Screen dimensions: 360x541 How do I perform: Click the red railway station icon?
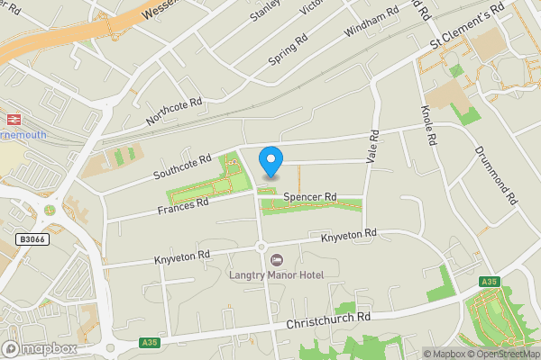click(x=14, y=118)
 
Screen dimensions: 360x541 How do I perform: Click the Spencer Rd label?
click(x=309, y=196)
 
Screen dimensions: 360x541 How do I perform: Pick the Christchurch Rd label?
click(x=328, y=319)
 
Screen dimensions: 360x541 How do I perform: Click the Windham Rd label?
click(x=371, y=24)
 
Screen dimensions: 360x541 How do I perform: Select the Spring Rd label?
click(x=289, y=50)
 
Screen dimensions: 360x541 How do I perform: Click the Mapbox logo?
click(x=41, y=348)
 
